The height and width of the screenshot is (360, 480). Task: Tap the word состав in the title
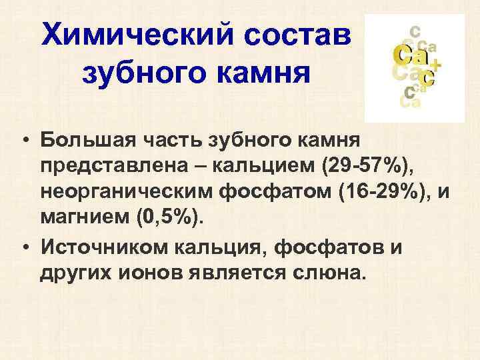[295, 33]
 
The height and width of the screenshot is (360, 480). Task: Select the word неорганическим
[125, 192]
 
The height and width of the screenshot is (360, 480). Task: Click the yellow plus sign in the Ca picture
[435, 64]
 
